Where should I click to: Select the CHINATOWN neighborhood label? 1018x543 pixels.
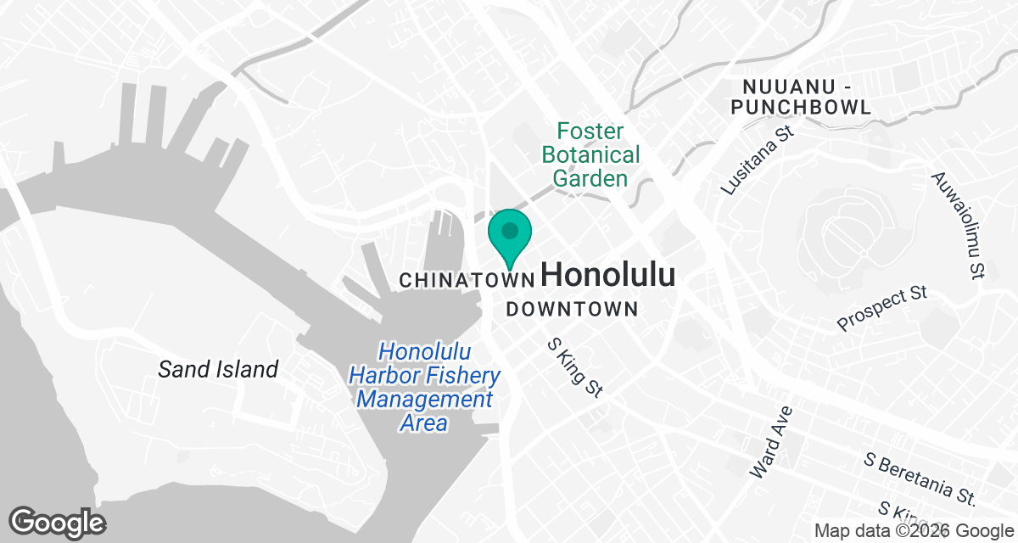467,279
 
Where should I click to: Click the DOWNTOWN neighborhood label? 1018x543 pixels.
572,309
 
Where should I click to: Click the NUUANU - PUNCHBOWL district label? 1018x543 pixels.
806,97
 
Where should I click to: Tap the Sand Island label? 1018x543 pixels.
218,369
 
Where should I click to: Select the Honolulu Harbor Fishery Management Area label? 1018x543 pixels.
425,387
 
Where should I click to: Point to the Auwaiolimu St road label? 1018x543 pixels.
958,225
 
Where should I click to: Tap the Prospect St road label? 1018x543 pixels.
881,309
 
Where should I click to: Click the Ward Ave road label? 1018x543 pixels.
771,441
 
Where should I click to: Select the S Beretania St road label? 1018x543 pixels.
920,477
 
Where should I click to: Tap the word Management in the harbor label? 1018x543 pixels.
425,399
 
